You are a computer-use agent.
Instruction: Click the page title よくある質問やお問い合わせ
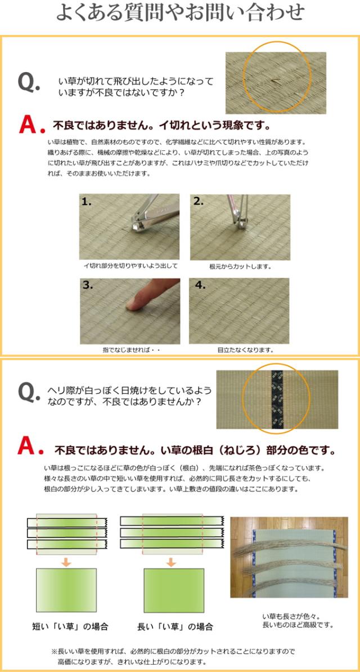click(x=181, y=14)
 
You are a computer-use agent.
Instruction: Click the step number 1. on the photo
click(x=87, y=202)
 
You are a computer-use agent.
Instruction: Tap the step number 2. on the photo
click(x=198, y=202)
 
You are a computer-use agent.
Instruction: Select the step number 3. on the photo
click(x=88, y=286)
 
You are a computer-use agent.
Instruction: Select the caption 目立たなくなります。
click(x=245, y=350)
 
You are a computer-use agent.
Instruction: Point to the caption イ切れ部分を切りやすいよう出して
click(x=130, y=266)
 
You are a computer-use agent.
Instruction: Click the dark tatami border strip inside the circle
click(x=277, y=400)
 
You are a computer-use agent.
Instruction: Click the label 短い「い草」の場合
click(x=70, y=626)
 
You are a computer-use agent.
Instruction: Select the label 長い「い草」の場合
click(x=175, y=626)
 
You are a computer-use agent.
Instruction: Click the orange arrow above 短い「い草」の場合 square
click(x=66, y=562)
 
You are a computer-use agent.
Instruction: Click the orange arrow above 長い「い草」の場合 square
click(x=171, y=562)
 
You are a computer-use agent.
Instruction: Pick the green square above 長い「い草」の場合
click(x=174, y=590)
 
